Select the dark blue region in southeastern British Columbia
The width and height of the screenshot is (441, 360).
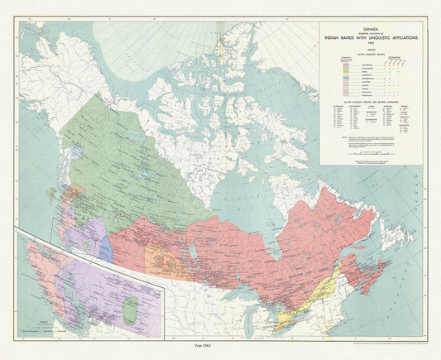point(106,249)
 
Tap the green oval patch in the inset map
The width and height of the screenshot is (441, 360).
point(129,309)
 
